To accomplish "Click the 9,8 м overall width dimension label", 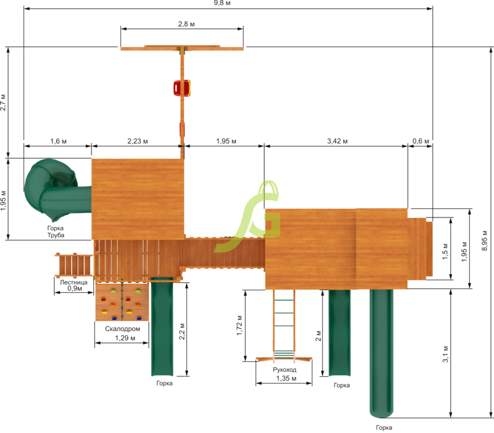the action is (x=222, y=3).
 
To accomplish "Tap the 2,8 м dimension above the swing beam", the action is (x=186, y=24).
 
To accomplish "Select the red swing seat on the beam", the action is (x=182, y=88).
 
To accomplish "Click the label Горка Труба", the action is (x=56, y=232).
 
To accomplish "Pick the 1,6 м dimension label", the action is (x=58, y=141).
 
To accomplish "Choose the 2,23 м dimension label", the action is (x=138, y=141).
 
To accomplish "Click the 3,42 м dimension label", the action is (x=337, y=141).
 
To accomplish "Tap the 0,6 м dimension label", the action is (x=421, y=141).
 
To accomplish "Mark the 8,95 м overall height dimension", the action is (x=485, y=241).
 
